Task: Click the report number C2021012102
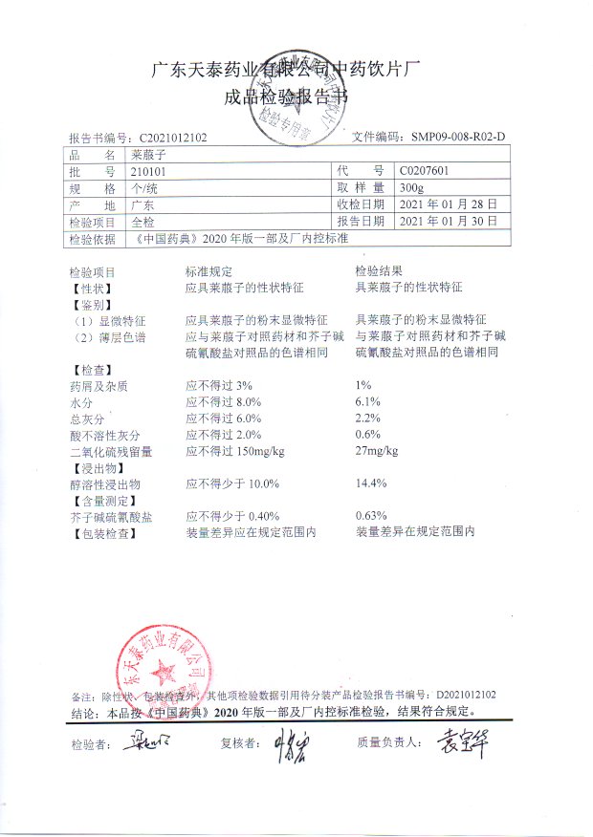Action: (172, 138)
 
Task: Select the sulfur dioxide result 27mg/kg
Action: (377, 451)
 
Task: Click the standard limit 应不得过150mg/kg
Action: (234, 451)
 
